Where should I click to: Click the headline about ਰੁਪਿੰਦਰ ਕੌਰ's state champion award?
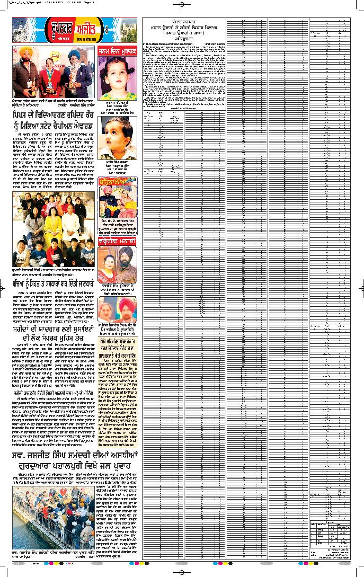(54, 120)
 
